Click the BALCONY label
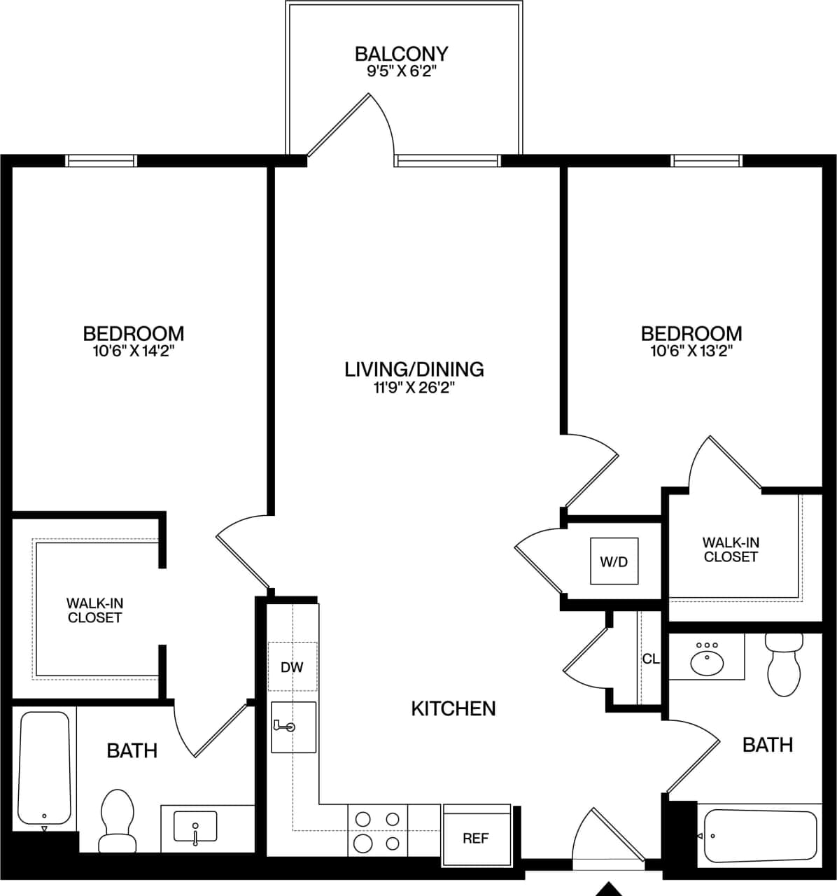401,53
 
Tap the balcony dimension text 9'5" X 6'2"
401,71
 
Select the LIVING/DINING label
414,369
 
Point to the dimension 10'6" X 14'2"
133,351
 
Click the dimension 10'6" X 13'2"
691,351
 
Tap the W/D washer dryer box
614,561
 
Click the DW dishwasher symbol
292,666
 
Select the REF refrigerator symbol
476,837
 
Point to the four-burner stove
377,830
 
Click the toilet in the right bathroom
784,666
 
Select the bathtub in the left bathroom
44,767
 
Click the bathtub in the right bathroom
760,836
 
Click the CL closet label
650,659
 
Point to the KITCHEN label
453,708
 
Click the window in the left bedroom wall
101,160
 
